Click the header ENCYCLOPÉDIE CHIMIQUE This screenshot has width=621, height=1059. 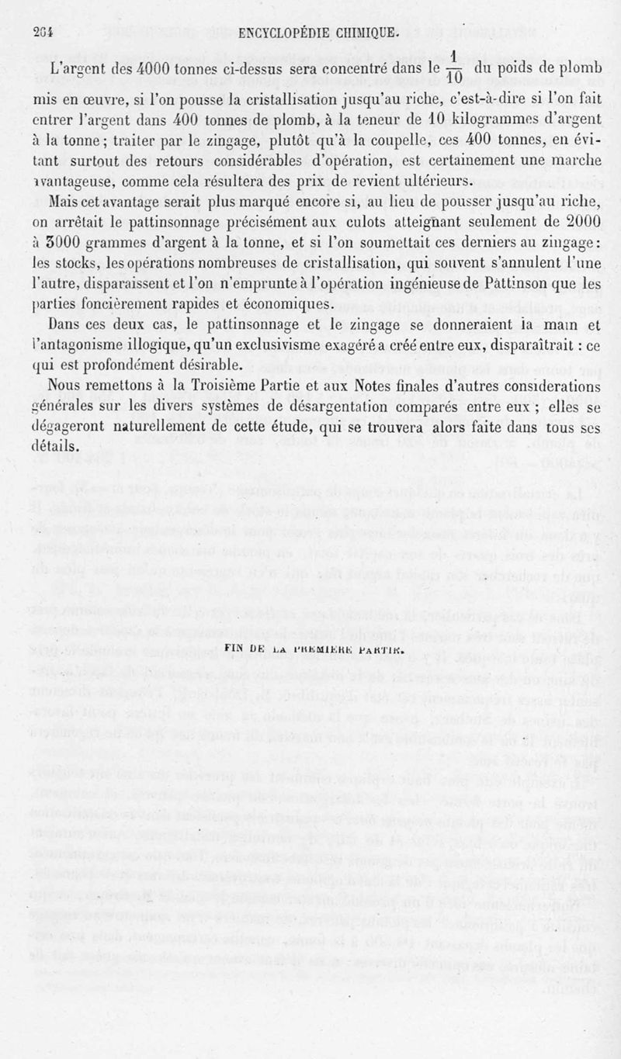click(320, 33)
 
